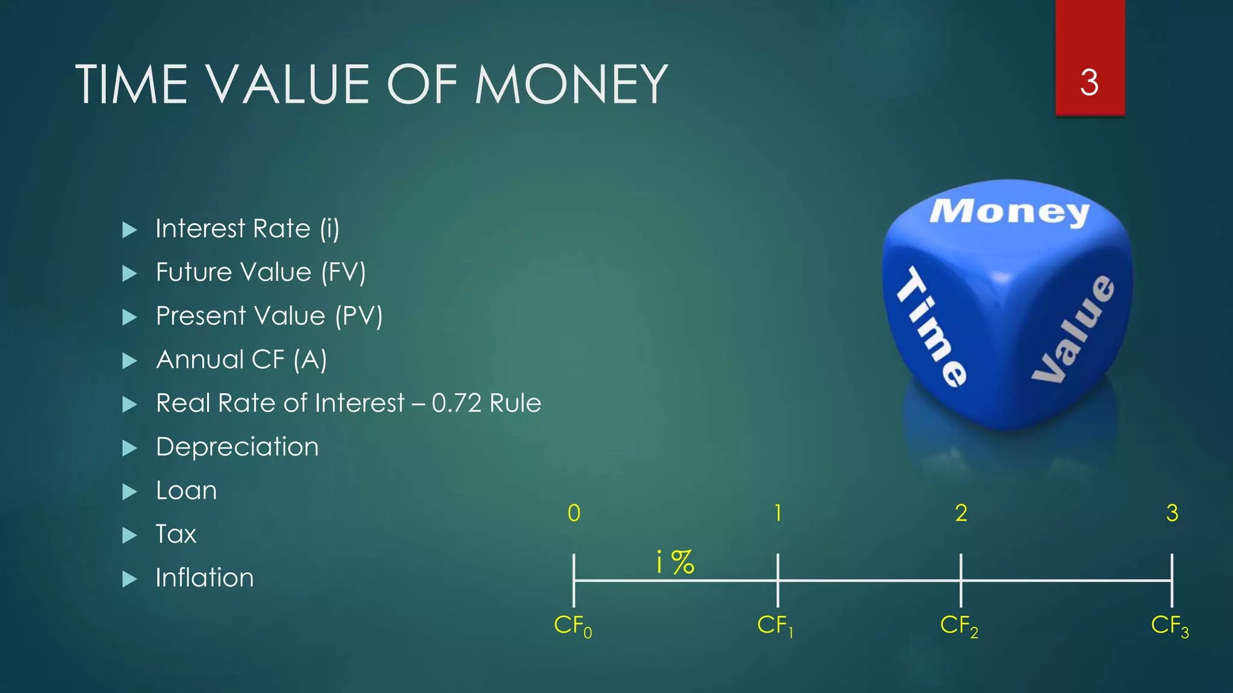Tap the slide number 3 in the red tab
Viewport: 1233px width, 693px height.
pyautogui.click(x=1089, y=82)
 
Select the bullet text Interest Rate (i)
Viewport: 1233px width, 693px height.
pyautogui.click(x=247, y=229)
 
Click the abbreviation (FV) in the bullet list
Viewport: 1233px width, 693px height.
pyautogui.click(x=343, y=273)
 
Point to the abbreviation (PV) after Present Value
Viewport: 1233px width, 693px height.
pyautogui.click(x=359, y=316)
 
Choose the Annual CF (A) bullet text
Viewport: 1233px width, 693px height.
pyautogui.click(x=241, y=360)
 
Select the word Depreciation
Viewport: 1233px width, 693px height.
pyautogui.click(x=237, y=447)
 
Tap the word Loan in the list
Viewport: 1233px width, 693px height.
pyautogui.click(x=186, y=491)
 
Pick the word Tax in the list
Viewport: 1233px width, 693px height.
pyautogui.click(x=176, y=534)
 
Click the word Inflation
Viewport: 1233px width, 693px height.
pyautogui.click(x=205, y=578)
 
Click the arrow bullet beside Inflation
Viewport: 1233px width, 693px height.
pyautogui.click(x=129, y=579)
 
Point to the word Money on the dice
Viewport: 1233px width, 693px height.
pyautogui.click(x=1009, y=212)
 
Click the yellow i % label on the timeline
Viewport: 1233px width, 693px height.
pyautogui.click(x=675, y=562)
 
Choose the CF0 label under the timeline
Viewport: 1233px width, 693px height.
pyautogui.click(x=573, y=626)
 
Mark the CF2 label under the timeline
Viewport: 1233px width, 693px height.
pyautogui.click(x=959, y=626)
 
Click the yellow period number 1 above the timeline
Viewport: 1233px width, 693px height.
pyautogui.click(x=778, y=513)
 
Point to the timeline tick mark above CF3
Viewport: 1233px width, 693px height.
pyautogui.click(x=1172, y=580)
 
